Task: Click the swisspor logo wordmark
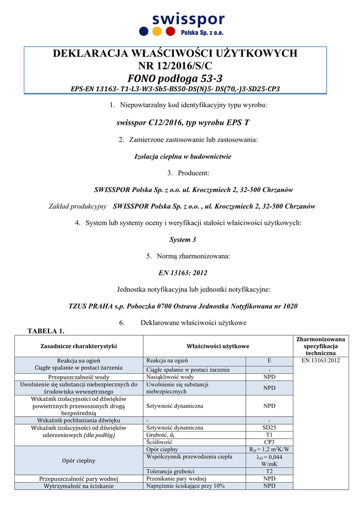pyautogui.click(x=188, y=20)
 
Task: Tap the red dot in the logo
pyautogui.click(x=170, y=31)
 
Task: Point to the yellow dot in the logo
pyautogui.click(x=157, y=31)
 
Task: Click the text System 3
pyautogui.click(x=183, y=240)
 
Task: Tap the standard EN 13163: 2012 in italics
pyautogui.click(x=182, y=273)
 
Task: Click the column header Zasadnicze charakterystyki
pyautogui.click(x=78, y=346)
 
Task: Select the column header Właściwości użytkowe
pyautogui.click(x=218, y=346)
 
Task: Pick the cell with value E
pyautogui.click(x=269, y=361)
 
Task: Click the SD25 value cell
pyautogui.click(x=269, y=427)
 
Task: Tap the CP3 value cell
pyautogui.click(x=269, y=442)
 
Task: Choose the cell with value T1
pyautogui.click(x=269, y=435)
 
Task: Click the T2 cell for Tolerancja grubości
pyautogui.click(x=269, y=471)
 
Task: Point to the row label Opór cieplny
pyautogui.click(x=78, y=460)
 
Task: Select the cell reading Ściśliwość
pyautogui.click(x=159, y=442)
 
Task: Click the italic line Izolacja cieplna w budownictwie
pyautogui.click(x=183, y=156)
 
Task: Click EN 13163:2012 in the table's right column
pyautogui.click(x=320, y=361)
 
